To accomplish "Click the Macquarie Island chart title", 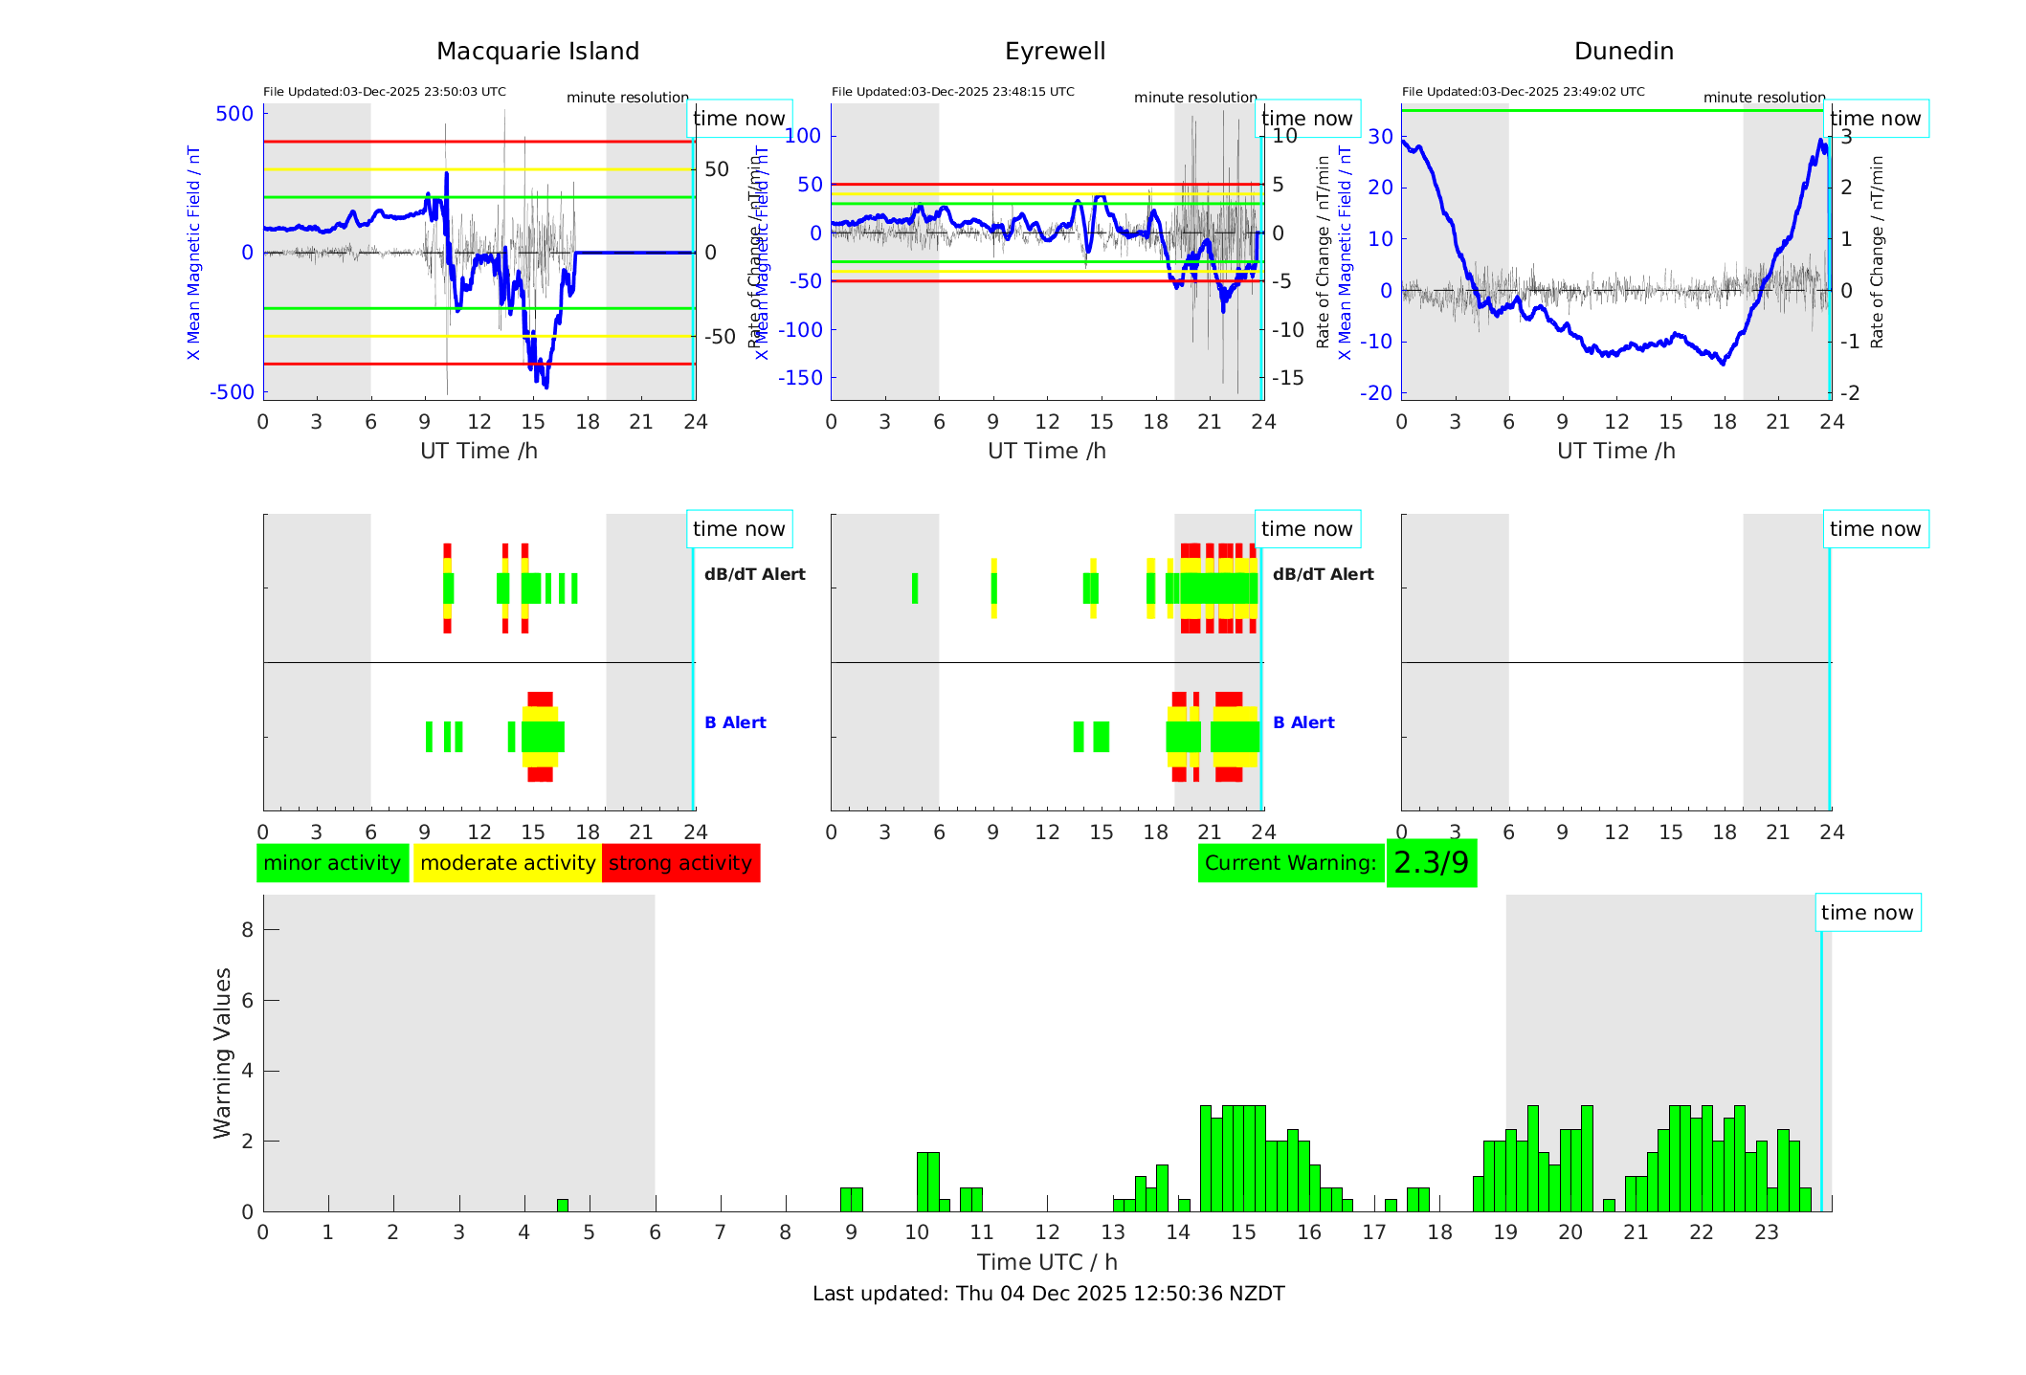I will pos(537,52).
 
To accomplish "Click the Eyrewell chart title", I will pos(1055,52).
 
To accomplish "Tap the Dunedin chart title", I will pos(1623,52).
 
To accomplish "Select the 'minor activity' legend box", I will pos(332,863).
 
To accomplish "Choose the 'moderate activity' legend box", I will pos(507,863).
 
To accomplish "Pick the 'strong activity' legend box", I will pos(680,863).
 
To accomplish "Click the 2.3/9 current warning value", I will pos(1431,863).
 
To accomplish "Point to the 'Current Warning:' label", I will pos(1290,863).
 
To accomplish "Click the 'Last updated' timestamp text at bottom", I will pos(1048,1294).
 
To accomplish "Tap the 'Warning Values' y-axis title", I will pos(223,1053).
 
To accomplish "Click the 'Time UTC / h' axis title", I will pos(1047,1262).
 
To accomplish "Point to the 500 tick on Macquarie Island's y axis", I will pos(234,114).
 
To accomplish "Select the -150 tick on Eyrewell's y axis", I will pos(800,378).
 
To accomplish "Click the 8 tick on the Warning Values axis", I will pos(247,929).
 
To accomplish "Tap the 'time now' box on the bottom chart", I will pos(1866,913).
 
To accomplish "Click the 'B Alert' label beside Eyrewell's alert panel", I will pos(1303,722).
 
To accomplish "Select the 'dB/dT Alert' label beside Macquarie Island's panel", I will pos(754,574).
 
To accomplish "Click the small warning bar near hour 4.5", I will pos(563,1206).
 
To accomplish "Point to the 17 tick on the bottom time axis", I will pos(1374,1232).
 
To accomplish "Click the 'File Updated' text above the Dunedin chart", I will pos(1523,92).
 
